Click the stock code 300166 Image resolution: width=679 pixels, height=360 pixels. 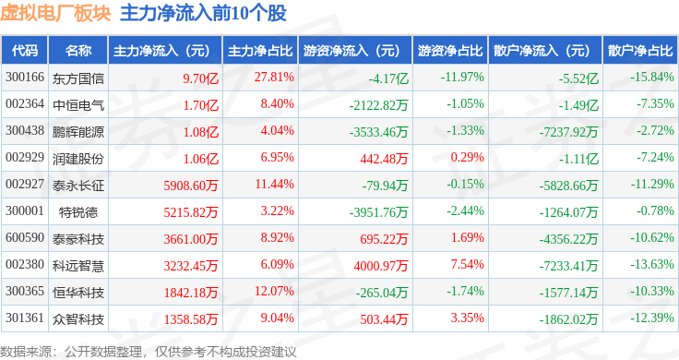(25, 78)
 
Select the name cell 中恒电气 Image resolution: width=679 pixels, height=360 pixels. (78, 105)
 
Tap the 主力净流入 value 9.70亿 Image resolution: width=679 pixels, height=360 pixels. (200, 78)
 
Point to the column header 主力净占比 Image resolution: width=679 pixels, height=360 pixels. (260, 51)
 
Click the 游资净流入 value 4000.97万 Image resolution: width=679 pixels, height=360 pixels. (381, 266)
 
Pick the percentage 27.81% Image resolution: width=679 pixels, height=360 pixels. (274, 78)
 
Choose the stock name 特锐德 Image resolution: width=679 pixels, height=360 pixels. (78, 211)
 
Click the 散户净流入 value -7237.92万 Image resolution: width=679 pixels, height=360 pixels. (568, 132)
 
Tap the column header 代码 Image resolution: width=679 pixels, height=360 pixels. (25, 51)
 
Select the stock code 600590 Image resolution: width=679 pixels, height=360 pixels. (25, 237)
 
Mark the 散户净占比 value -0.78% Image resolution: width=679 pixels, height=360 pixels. (655, 211)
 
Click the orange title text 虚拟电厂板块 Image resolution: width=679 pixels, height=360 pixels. (55, 13)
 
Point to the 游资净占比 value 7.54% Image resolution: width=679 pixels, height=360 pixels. (467, 264)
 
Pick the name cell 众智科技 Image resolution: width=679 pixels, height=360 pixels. (78, 318)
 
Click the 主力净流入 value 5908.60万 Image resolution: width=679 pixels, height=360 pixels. (191, 186)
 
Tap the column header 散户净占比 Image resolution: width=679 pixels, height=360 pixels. (640, 51)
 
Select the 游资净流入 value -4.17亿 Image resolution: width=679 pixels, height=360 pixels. (388, 78)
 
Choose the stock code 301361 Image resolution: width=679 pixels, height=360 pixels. (25, 318)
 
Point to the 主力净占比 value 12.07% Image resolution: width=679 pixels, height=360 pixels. (274, 291)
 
